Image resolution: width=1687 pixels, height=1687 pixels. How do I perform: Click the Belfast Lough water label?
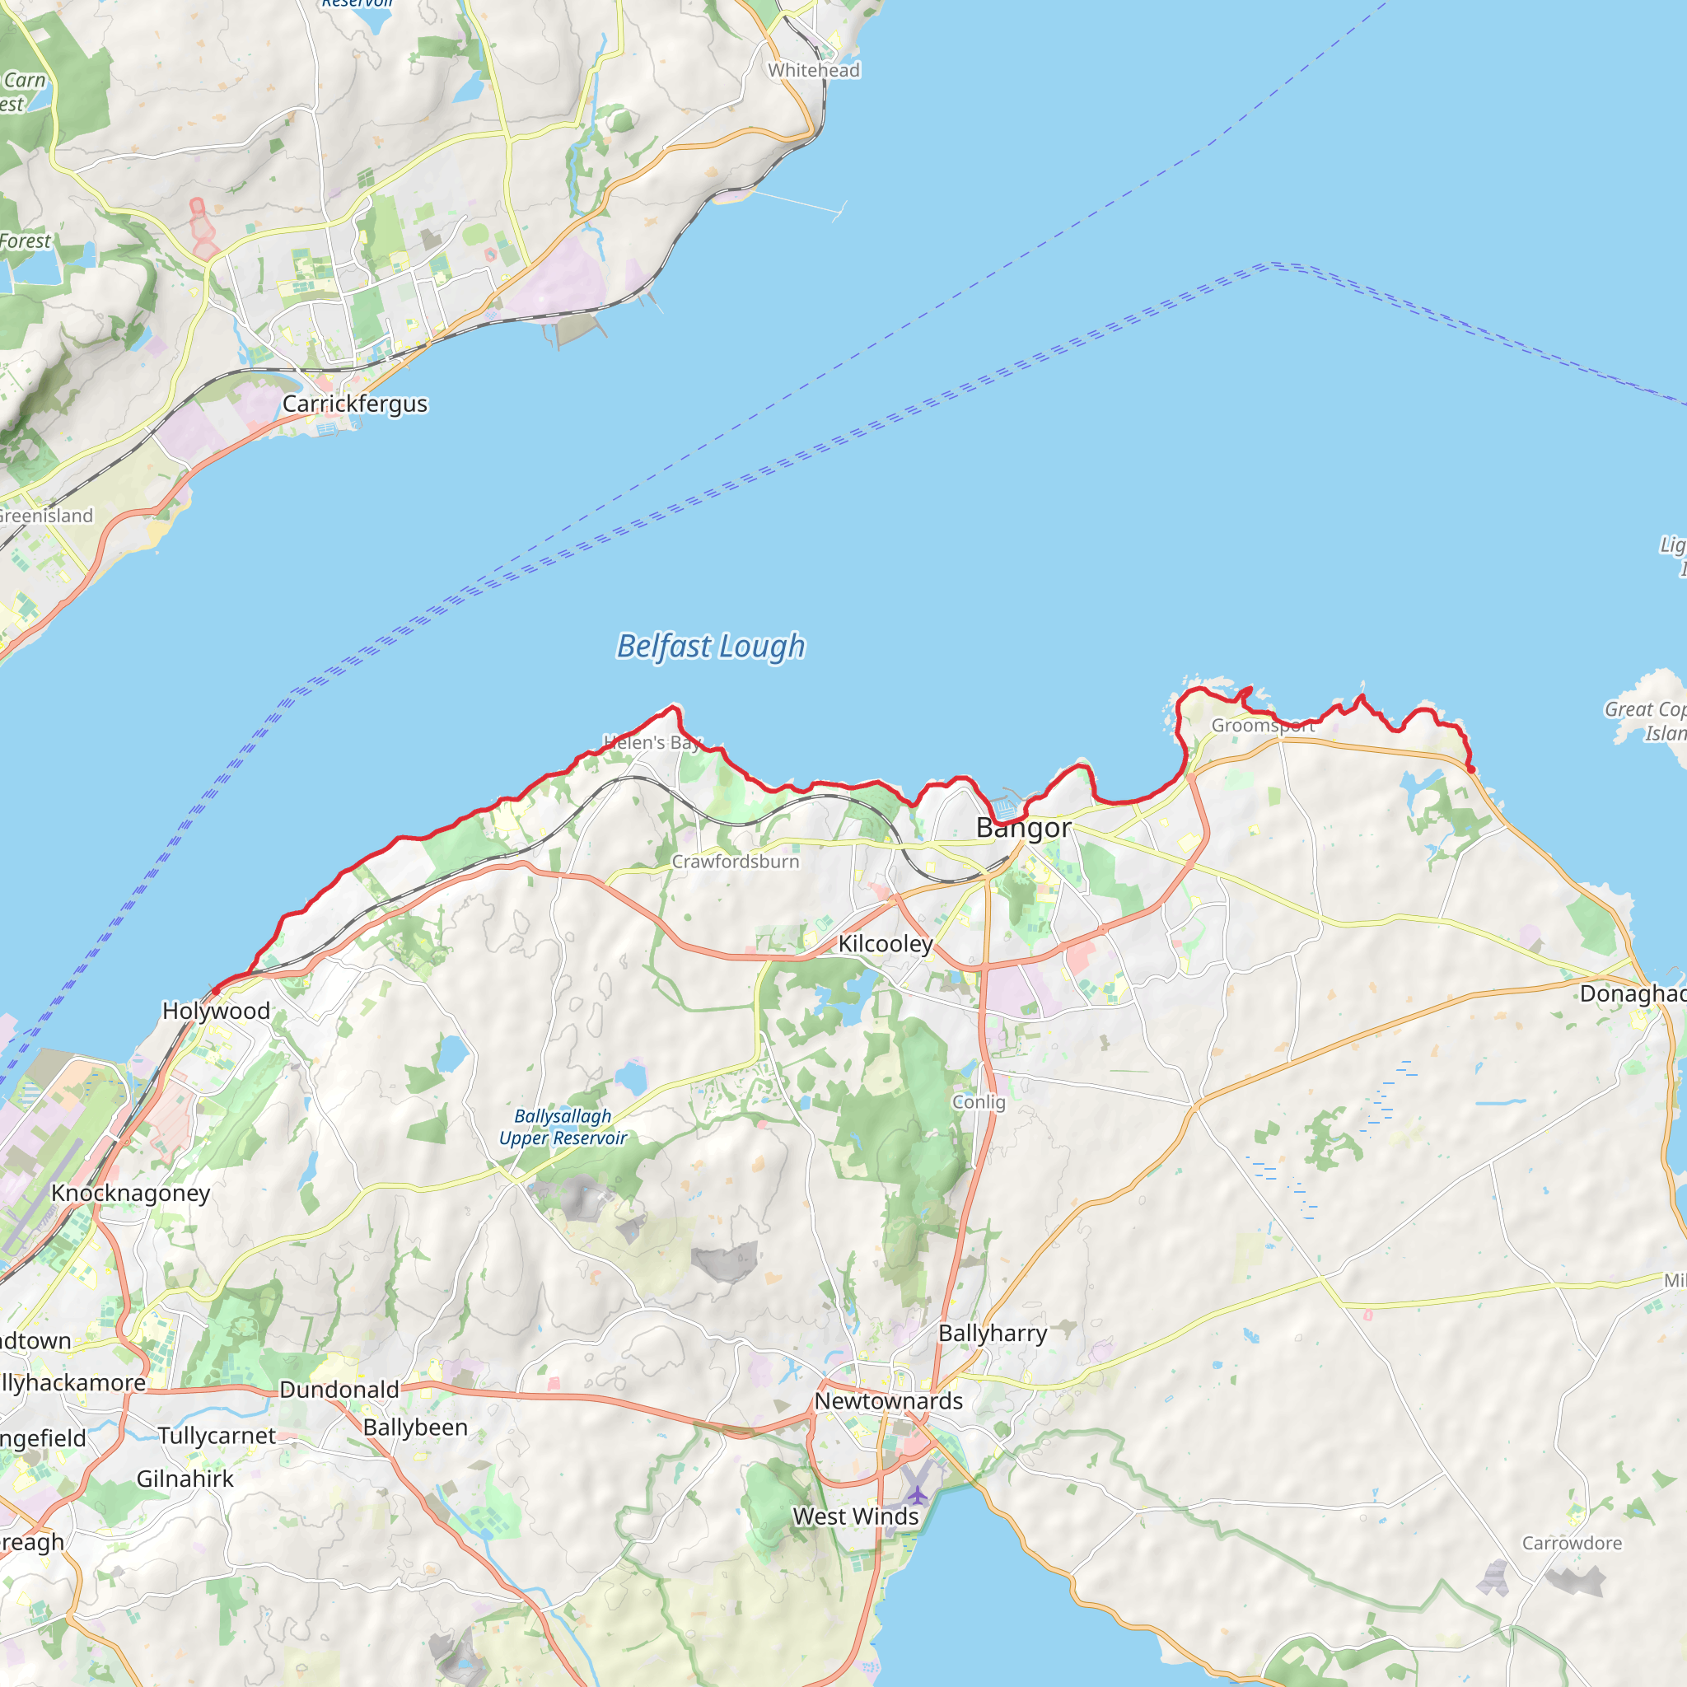tap(710, 647)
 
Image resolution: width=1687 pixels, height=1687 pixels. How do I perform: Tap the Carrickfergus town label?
tap(354, 404)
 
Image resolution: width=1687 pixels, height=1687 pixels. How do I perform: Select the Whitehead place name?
tap(814, 70)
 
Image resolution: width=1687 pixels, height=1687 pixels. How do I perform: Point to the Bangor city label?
tap(1023, 827)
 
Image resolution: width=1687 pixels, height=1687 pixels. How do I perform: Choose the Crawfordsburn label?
tap(736, 861)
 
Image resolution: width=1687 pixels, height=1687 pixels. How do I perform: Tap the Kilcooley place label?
tap(886, 943)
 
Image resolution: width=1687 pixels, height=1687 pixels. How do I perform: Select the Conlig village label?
tap(979, 1102)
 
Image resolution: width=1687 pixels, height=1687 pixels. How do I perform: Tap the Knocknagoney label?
tap(131, 1193)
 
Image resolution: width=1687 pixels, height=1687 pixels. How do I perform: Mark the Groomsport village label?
tap(1263, 726)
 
